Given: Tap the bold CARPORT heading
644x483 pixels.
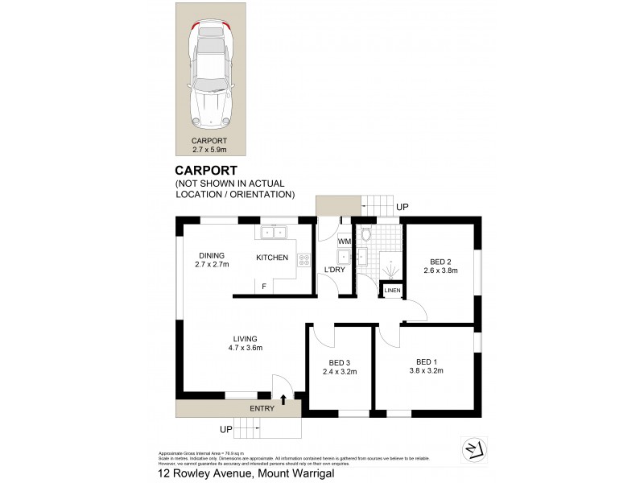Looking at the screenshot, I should (x=207, y=170).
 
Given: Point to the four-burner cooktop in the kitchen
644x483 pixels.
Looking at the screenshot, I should (x=304, y=259).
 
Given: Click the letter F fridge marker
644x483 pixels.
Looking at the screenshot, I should (x=263, y=287).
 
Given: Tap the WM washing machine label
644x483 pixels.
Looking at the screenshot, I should (x=344, y=242).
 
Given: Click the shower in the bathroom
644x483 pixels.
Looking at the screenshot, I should (x=390, y=264).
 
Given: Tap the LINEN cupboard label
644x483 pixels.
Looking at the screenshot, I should (x=392, y=290).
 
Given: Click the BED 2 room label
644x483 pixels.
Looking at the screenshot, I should (x=440, y=266).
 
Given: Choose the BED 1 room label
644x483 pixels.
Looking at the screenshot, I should (x=429, y=366).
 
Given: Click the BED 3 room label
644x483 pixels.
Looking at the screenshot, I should (x=338, y=366).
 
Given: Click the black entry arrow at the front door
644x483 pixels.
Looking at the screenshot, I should (x=283, y=398).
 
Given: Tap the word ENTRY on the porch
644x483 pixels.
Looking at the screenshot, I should (x=262, y=408).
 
